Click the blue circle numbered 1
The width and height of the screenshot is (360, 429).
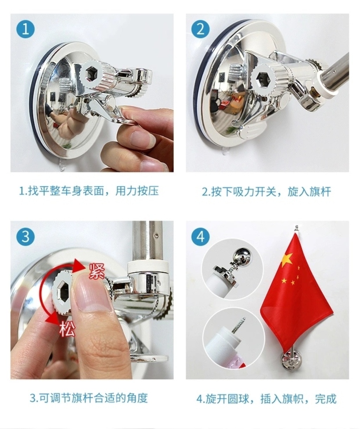26,29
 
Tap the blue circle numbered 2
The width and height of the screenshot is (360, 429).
200,29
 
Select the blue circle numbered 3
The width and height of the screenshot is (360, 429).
26,236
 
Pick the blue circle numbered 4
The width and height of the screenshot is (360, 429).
200,236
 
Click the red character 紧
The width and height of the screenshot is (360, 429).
97,271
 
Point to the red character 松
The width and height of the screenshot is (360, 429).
67,329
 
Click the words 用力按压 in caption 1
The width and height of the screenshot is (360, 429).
137,191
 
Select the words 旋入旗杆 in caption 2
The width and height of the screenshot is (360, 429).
309,192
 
